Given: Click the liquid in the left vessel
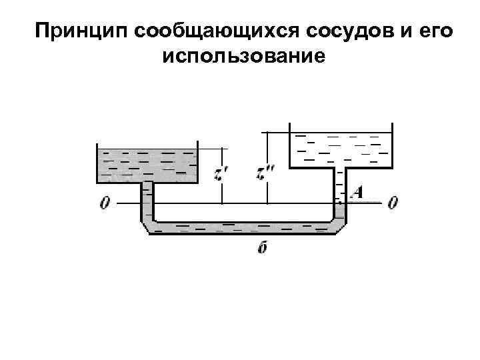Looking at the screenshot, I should coord(147,165).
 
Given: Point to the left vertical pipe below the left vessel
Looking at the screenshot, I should coord(147,200).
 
